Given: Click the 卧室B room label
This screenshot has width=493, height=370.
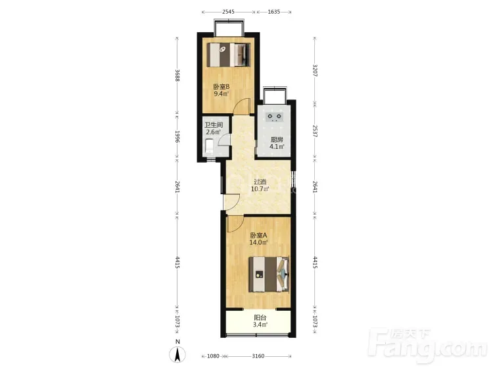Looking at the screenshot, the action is tap(222, 87).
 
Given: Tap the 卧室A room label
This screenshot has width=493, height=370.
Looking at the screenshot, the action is tap(258, 235).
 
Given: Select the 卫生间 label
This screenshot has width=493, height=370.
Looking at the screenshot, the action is tap(214, 125).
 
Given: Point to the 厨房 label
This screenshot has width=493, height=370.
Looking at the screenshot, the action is tap(277, 140).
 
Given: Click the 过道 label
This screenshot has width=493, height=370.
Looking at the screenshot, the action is tap(260, 182).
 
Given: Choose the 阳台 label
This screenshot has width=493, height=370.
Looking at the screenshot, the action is tap(260, 318).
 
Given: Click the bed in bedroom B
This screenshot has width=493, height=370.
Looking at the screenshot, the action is tap(229, 55).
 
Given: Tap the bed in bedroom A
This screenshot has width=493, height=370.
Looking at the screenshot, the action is tap(269, 274).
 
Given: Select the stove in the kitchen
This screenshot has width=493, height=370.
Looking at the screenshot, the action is tap(275, 117).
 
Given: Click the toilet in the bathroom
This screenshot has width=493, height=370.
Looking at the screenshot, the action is tap(210, 147).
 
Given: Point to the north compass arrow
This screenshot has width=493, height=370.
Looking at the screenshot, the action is tap(177, 355).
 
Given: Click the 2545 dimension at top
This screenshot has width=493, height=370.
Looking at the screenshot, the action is tap(228, 12).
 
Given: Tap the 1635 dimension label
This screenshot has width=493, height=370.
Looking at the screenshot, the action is tap(274, 12).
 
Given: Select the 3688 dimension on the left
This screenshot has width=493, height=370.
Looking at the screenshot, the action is tap(177, 76).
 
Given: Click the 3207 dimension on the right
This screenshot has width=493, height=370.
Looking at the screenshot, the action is tap(315, 70).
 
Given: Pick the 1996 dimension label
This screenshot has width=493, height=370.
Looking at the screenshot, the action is tap(177, 137).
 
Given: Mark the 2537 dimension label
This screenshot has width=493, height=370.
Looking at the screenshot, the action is tap(315, 131).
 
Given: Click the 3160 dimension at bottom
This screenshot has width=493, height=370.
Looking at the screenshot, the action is tap(258, 356).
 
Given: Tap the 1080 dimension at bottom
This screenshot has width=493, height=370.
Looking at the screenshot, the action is tap(213, 356).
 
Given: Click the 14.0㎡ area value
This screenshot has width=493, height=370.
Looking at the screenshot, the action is tap(258, 242).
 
